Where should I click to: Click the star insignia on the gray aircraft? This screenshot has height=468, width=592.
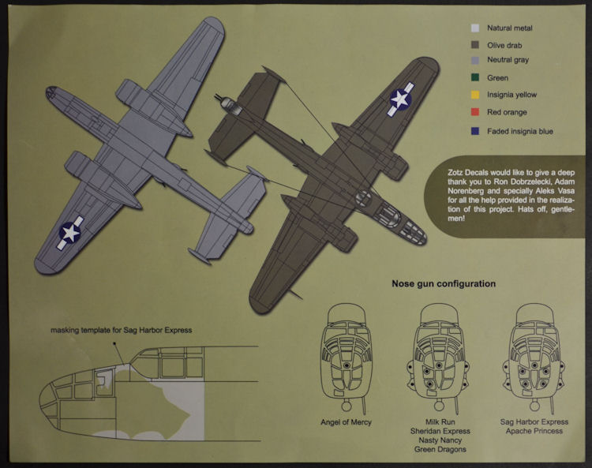click(70, 232)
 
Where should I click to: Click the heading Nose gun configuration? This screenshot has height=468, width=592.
click(443, 283)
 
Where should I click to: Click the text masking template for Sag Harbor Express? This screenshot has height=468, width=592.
click(122, 330)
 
